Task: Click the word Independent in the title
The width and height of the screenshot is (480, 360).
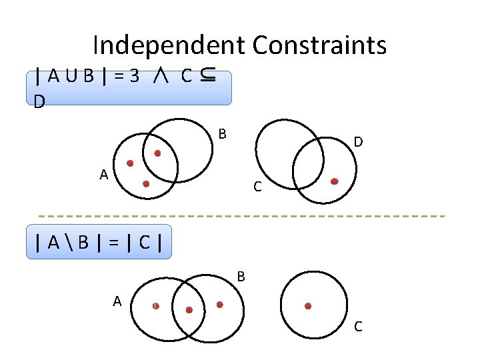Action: pos(169,45)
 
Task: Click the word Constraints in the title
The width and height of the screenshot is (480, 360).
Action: pos(319,45)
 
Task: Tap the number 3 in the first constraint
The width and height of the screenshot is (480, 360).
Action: pos(135,75)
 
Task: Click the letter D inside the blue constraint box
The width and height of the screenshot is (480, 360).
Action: pos(40,102)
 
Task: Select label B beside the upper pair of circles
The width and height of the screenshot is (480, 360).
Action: pos(223,134)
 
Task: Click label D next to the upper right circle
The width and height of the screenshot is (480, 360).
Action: pos(358,142)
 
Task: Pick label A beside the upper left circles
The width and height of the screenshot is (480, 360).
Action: pos(103,175)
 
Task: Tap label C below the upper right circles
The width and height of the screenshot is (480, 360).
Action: pos(257,188)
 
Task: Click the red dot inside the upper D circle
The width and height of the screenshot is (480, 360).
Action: pos(335,181)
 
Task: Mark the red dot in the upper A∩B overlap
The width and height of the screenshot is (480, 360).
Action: pos(157,153)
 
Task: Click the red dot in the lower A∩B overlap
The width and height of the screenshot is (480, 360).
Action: pos(189,310)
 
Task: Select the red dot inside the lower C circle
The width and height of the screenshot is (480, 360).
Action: pos(308,306)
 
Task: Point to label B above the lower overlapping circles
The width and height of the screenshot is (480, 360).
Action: pos(241,275)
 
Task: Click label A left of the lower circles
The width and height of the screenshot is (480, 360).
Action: pos(117,301)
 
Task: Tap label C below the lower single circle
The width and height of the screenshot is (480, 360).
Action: pos(358,327)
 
